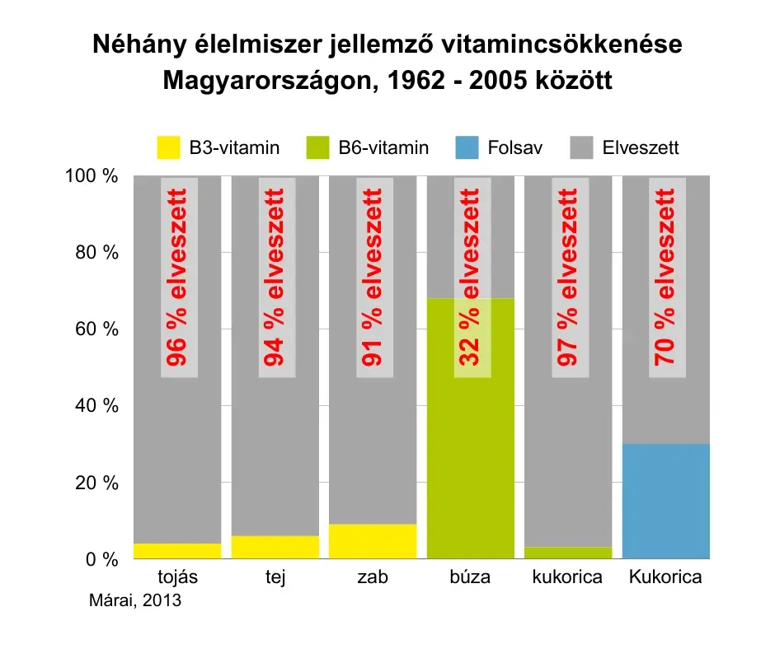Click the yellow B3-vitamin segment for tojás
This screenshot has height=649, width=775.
(x=177, y=551)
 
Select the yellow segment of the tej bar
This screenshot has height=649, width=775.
(x=275, y=547)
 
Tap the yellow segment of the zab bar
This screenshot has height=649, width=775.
(x=373, y=541)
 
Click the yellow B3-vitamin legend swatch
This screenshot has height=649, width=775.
(x=167, y=149)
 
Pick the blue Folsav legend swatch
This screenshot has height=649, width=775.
(x=465, y=149)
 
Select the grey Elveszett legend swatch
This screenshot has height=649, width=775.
(x=581, y=149)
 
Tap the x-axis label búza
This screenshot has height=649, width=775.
(x=470, y=577)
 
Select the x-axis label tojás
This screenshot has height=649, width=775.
(x=177, y=577)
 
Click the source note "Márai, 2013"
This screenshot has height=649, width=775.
(x=134, y=600)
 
